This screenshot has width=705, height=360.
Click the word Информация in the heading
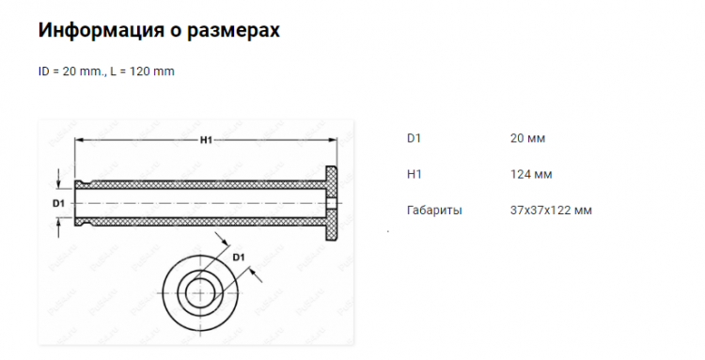tap(101, 30)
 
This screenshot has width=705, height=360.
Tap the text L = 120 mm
tap(142, 71)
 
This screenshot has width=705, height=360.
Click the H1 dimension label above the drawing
tap(206, 140)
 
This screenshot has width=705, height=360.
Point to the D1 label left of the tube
tap(59, 204)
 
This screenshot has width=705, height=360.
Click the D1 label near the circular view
tap(239, 258)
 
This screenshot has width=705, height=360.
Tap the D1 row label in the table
tap(414, 138)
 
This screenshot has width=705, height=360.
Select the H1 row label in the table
tap(415, 175)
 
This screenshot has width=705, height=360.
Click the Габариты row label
tap(434, 211)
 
